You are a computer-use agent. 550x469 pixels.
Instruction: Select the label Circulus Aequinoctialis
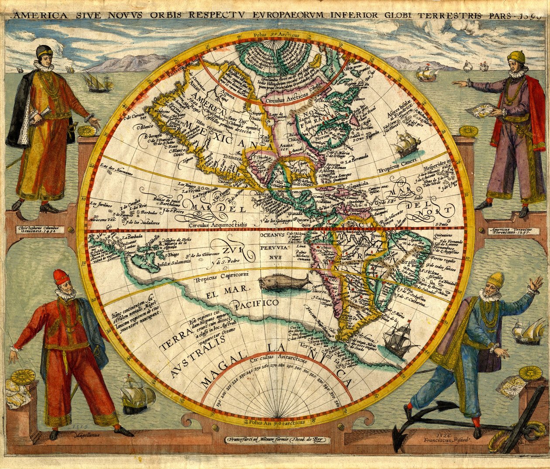click(x=218, y=225)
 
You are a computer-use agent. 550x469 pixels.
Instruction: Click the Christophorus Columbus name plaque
click(x=38, y=229)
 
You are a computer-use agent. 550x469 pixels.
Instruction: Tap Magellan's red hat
click(x=61, y=277)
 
